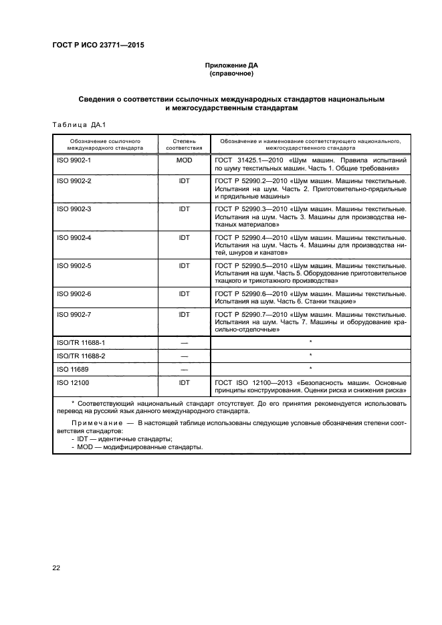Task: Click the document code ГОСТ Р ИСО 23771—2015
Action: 98,45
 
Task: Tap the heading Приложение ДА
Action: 231,66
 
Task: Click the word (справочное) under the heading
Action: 231,74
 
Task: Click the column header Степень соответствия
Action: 183,145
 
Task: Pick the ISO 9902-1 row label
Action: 74,161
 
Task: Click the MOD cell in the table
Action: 184,161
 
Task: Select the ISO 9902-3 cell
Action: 74,209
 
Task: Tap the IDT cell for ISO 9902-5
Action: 184,265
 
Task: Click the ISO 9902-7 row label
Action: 74,314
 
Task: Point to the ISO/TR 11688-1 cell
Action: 81,342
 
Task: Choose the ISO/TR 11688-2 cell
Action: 81,356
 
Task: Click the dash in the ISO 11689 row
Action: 184,369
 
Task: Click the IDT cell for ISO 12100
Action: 184,382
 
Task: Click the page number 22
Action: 57,568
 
